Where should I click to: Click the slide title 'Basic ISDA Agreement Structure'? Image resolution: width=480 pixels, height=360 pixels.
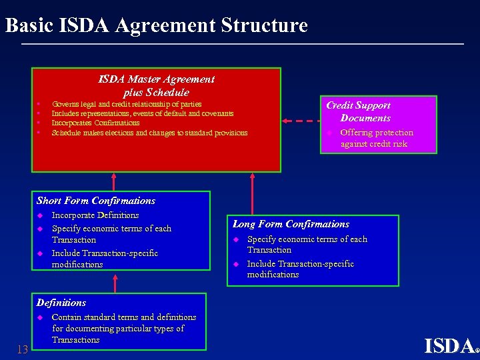click(156, 25)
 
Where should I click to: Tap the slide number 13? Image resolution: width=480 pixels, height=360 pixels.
click(22, 349)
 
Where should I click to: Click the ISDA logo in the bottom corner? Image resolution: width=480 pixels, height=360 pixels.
click(450, 345)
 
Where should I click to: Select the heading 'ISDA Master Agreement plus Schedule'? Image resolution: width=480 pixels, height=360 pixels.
click(157, 86)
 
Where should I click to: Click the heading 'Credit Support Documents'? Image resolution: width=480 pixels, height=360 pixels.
click(358, 111)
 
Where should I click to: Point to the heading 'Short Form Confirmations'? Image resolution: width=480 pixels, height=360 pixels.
click(95, 201)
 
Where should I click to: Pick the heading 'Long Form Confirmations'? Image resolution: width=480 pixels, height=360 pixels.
click(291, 224)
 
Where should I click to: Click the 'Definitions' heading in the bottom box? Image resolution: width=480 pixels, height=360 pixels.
click(61, 303)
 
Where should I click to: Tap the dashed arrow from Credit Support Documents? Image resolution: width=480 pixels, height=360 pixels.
click(301, 121)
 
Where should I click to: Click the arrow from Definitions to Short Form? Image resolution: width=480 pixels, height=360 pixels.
click(115, 283)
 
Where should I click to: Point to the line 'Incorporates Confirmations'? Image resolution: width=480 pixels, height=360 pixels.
click(95, 123)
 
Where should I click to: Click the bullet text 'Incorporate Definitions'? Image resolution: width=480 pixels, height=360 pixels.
click(95, 215)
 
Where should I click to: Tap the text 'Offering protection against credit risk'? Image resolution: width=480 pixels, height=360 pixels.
click(376, 138)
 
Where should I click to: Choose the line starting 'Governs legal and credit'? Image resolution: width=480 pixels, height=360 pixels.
click(127, 104)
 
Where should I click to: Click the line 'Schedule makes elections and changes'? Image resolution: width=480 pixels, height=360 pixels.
click(149, 133)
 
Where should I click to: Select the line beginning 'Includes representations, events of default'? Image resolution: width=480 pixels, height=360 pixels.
click(142, 113)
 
